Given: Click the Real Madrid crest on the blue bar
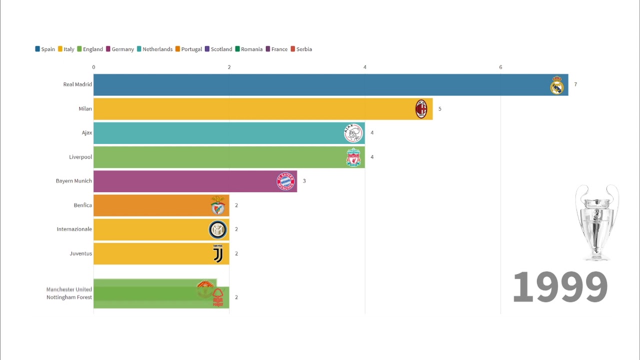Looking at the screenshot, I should pyautogui.click(x=556, y=85).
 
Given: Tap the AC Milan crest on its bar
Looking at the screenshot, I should pyautogui.click(x=421, y=108).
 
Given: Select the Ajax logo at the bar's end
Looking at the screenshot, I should pyautogui.click(x=353, y=133).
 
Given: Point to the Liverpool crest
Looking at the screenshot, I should pyautogui.click(x=353, y=157).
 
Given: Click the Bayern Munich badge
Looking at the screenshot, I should pyautogui.click(x=285, y=181).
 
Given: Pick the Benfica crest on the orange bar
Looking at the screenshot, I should pyautogui.click(x=217, y=205).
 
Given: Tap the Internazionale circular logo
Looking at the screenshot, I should pyautogui.click(x=217, y=229).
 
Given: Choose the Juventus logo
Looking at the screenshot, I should pyautogui.click(x=218, y=253).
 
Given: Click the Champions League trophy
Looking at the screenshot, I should pyautogui.click(x=596, y=222).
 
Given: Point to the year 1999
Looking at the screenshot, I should pyautogui.click(x=560, y=287).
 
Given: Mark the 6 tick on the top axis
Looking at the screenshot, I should pyautogui.click(x=500, y=67).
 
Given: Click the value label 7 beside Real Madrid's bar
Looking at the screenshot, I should pyautogui.click(x=575, y=84).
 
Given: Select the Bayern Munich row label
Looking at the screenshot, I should pyautogui.click(x=74, y=181).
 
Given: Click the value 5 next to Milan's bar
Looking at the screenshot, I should pyautogui.click(x=440, y=108).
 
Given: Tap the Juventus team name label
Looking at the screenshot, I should pyautogui.click(x=81, y=253).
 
